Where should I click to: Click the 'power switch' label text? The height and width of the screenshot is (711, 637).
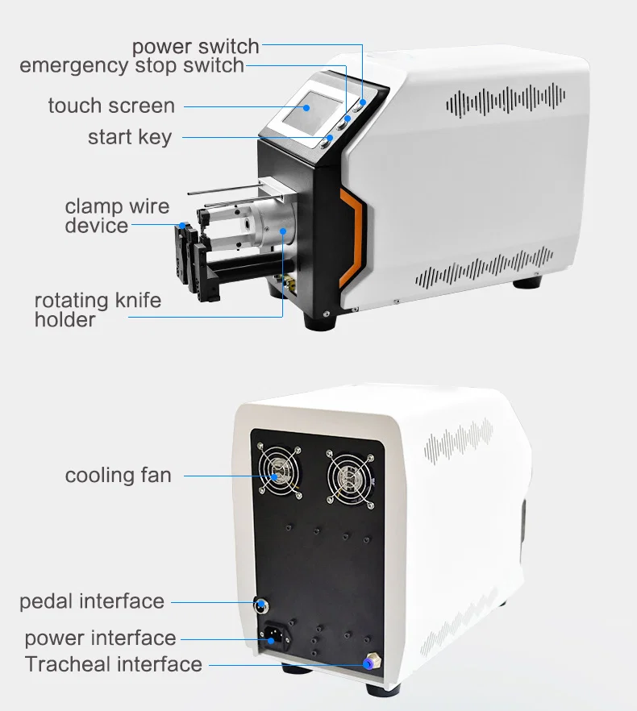(195, 46)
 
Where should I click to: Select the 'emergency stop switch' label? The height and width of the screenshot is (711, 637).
(131, 65)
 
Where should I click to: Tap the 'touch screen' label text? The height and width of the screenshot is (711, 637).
(111, 106)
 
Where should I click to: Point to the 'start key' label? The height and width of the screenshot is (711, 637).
(130, 137)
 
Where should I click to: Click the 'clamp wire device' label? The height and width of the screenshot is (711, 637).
(117, 216)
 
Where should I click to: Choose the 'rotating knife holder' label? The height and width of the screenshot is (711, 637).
(98, 310)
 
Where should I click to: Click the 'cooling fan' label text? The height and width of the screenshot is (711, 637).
(118, 475)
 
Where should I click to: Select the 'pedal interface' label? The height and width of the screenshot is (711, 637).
(92, 601)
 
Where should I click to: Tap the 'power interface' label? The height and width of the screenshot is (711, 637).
(100, 638)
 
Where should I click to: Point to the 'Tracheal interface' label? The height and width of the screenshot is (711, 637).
(113, 664)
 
